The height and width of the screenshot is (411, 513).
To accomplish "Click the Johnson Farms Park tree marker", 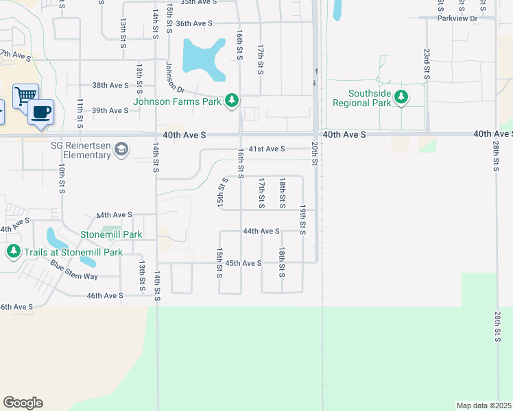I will tap(232, 101).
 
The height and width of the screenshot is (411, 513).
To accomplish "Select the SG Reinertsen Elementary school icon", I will tap(121, 149).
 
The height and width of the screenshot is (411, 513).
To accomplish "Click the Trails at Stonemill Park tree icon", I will tap(13, 251).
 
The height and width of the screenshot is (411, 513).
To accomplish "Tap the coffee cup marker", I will tap(41, 111).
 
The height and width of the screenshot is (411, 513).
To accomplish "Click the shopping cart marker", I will tap(25, 95).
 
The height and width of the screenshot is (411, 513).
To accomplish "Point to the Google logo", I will tap(23, 403).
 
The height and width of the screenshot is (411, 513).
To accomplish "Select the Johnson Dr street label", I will tap(175, 77).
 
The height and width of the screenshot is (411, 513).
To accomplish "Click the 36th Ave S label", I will tap(194, 23).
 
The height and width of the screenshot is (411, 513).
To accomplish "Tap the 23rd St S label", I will tap(426, 64).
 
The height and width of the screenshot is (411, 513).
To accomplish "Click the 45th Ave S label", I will tap(243, 263).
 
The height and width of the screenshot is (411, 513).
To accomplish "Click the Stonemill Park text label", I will tap(111, 234).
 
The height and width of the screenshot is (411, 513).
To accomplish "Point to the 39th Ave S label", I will tap(110, 110).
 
